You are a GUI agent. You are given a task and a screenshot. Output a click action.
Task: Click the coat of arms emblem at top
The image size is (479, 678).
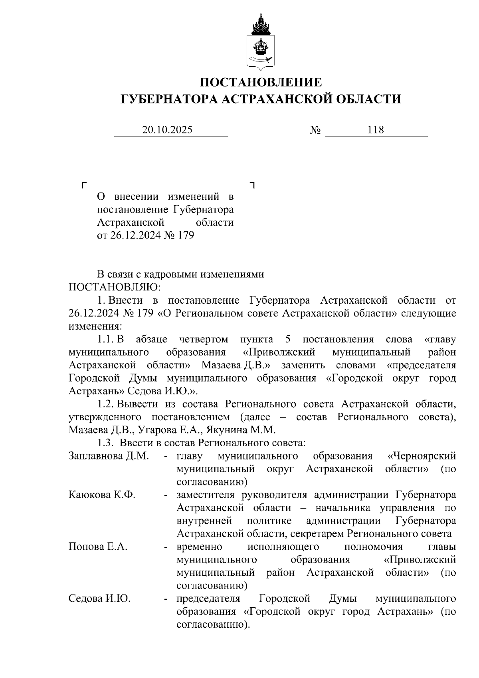point(260,42)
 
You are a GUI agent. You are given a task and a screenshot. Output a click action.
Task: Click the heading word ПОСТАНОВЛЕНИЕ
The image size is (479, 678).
point(260,82)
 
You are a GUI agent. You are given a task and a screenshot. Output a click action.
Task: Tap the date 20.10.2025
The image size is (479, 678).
point(167,130)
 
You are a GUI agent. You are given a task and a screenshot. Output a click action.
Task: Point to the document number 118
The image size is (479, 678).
point(376,130)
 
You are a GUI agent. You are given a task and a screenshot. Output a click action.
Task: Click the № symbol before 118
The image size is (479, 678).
point(315,130)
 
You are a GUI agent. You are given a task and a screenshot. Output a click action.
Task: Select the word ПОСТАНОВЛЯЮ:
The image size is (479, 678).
point(114,287)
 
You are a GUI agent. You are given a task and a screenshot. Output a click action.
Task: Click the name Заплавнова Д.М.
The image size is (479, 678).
point(109,456)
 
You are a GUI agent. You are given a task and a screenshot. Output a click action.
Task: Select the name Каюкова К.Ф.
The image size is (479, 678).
point(102,495)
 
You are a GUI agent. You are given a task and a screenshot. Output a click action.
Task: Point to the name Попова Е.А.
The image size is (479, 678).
point(98,547)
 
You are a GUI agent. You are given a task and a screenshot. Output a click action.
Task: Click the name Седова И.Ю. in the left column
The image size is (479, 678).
point(99,598)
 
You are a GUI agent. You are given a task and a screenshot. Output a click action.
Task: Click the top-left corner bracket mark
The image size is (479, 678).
point(83,185)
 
